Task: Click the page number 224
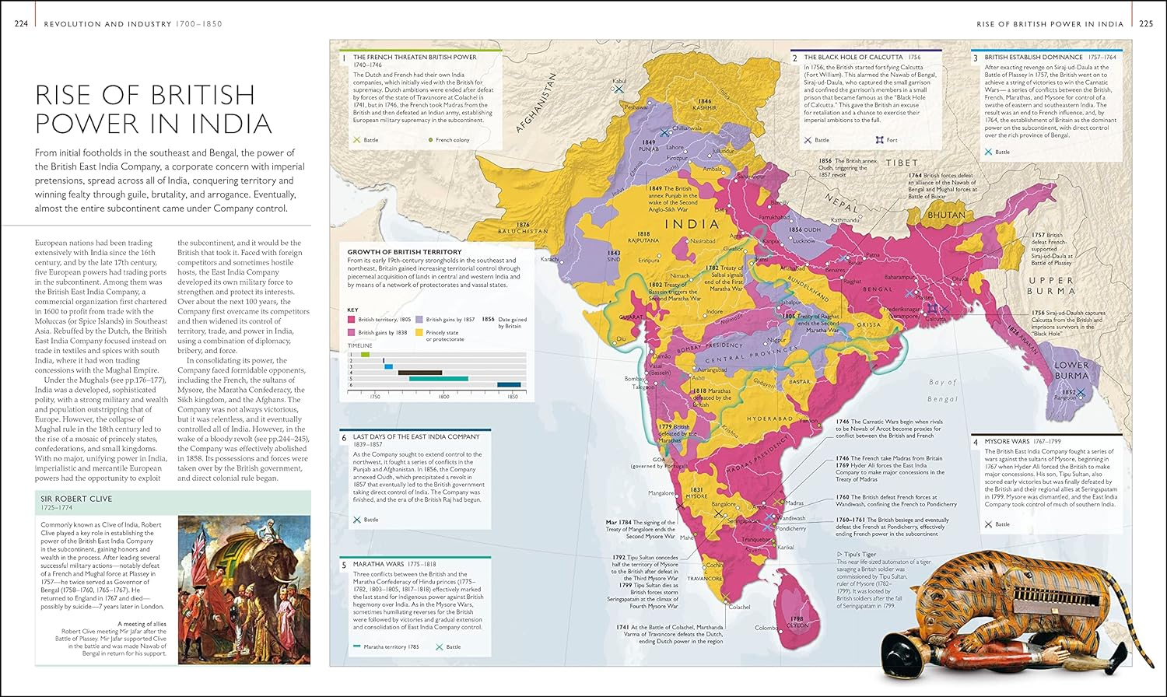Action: coord(21,24)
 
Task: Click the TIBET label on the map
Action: coord(901,163)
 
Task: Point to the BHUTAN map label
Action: coord(946,215)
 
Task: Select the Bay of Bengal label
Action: coord(943,391)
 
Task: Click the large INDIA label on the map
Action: coord(692,224)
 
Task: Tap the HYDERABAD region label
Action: coord(769,419)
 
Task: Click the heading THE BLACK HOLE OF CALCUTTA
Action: coord(853,58)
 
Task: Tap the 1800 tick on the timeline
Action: coord(443,397)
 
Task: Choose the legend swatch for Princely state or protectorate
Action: coord(419,333)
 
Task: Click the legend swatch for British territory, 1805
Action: coord(352,320)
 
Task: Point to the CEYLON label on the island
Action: coord(797,625)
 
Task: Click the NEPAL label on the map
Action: coord(843,203)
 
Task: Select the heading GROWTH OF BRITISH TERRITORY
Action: coord(404,252)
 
